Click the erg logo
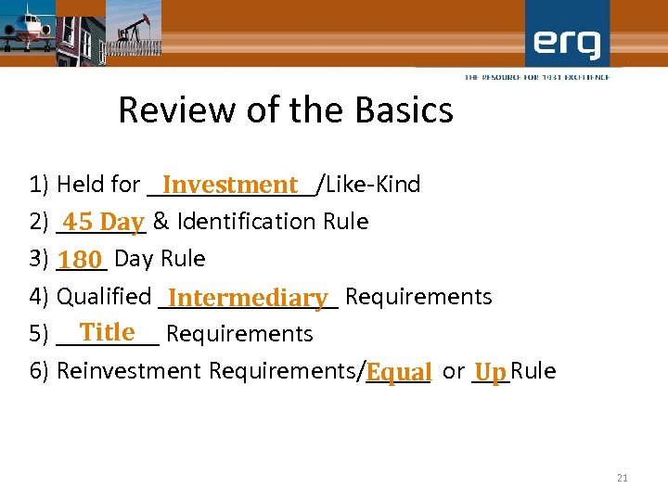(x=567, y=44)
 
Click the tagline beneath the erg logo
(x=537, y=77)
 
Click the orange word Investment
(x=230, y=186)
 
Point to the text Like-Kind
(x=372, y=185)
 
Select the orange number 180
(x=81, y=260)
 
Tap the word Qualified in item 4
(x=104, y=297)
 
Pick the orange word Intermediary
(x=249, y=298)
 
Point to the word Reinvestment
(x=129, y=371)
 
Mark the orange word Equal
(x=399, y=372)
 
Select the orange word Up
(x=491, y=372)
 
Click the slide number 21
(x=622, y=478)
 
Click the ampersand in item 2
(x=161, y=222)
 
